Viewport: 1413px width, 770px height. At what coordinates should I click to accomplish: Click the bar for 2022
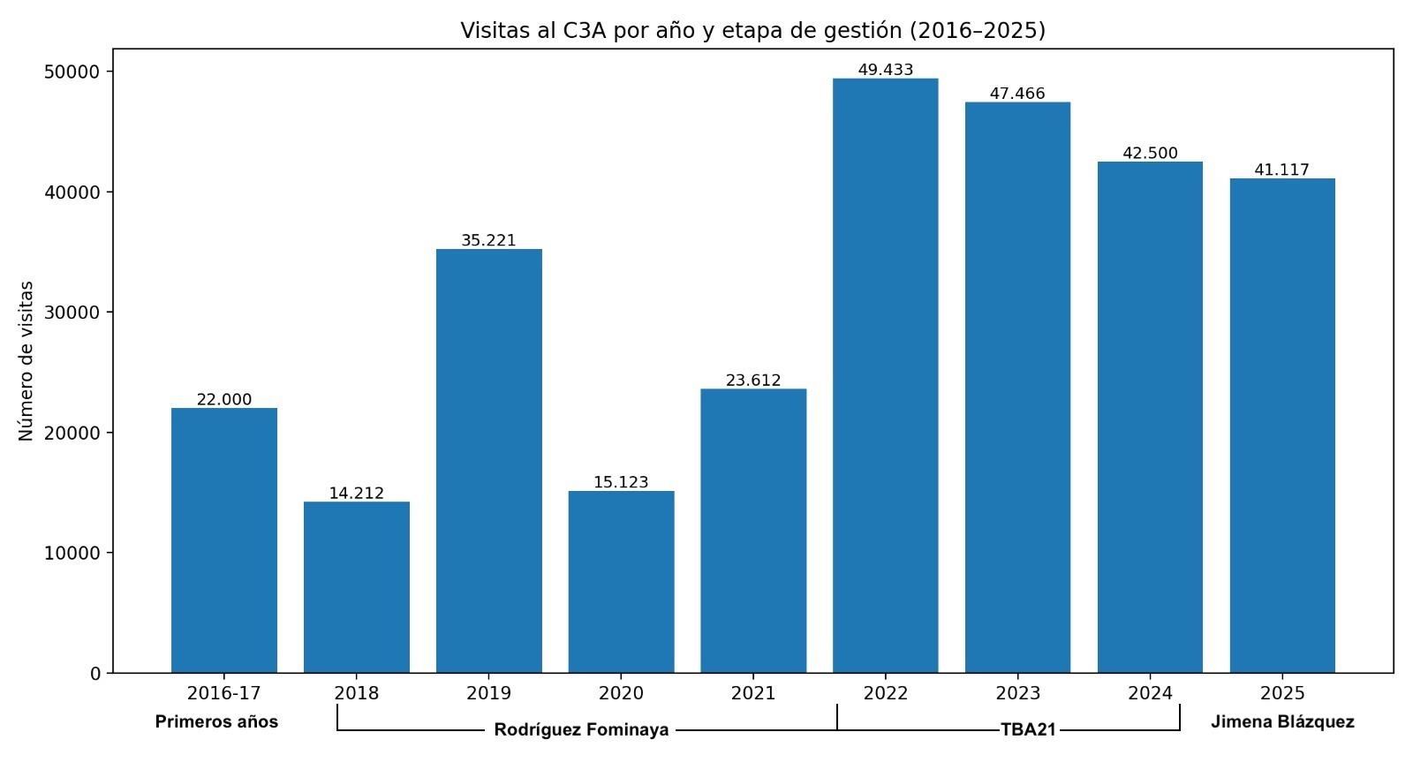885,375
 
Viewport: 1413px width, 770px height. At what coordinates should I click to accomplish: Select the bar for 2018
356,587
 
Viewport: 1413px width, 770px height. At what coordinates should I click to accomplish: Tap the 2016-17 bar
223,540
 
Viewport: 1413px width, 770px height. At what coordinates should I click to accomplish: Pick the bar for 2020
621,582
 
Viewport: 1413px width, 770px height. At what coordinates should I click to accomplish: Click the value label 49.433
885,70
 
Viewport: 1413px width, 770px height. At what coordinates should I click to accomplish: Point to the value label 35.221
488,240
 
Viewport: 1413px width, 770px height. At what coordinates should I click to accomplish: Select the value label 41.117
1281,170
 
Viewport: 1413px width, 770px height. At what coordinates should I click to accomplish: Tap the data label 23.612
753,381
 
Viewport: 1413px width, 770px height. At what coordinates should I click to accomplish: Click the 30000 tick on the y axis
72,313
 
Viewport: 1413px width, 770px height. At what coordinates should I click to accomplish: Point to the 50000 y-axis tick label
72,72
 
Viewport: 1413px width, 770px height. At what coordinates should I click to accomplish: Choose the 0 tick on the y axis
95,674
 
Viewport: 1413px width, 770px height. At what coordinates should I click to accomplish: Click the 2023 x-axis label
1017,693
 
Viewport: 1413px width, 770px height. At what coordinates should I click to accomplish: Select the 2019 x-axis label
488,693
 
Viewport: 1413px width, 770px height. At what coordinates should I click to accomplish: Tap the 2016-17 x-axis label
223,693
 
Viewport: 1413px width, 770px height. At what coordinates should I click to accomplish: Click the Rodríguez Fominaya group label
581,730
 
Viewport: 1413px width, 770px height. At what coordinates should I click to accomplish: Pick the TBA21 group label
1028,730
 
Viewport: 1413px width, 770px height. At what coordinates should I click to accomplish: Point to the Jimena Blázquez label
1281,721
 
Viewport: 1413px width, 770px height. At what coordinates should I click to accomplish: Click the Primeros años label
216,721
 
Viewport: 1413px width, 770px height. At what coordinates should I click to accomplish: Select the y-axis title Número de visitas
26,360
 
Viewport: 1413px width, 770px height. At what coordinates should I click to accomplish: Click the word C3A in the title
586,31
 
